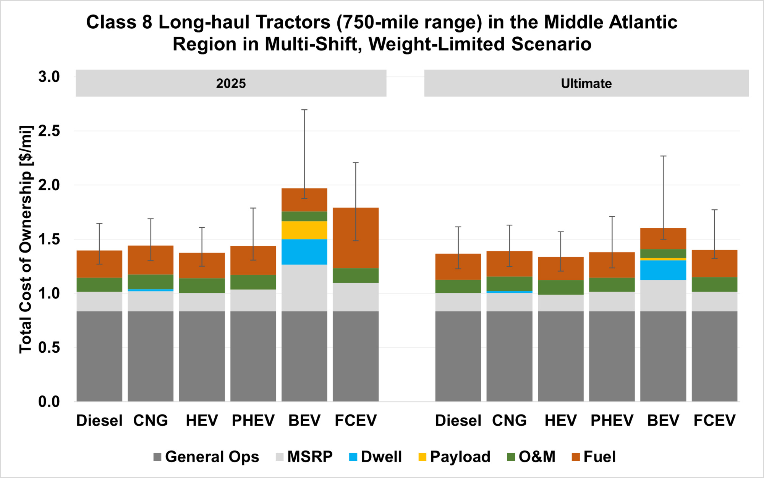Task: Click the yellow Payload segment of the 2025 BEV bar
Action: coord(304,230)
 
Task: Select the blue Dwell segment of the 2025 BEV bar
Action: coord(304,252)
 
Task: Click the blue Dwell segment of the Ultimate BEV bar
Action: coord(663,270)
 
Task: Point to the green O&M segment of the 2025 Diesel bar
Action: coord(99,285)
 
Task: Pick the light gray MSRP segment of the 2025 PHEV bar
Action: coord(253,300)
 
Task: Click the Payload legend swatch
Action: coord(422,457)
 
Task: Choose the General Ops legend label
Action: coord(212,457)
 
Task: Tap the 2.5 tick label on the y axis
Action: coord(49,131)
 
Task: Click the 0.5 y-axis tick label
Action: coord(49,348)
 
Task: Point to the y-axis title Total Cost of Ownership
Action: coord(26,239)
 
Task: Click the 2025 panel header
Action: coord(231,83)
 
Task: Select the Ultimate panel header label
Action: coord(586,83)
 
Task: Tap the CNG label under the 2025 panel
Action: coord(151,420)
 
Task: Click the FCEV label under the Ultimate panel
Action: coord(714,420)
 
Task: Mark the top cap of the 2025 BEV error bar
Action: coord(304,110)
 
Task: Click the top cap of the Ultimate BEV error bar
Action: coord(663,156)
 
